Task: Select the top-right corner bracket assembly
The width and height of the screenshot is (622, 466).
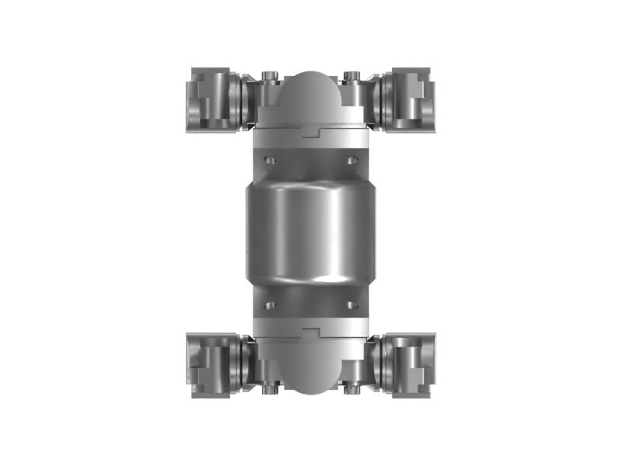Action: coord(406,99)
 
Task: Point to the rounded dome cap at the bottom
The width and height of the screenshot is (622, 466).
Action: coord(310,373)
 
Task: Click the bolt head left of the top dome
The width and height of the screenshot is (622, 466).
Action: coord(269,75)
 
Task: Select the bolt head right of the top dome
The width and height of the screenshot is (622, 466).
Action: coord(351,75)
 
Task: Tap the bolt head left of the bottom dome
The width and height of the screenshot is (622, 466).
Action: coord(269,390)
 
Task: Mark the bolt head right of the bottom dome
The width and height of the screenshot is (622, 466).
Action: coord(351,390)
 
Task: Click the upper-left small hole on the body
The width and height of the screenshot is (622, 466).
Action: coord(269,160)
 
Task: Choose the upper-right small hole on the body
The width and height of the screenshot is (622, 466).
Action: coord(351,160)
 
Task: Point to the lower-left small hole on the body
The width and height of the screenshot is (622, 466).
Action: coord(269,304)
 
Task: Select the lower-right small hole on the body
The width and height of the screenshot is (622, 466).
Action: coord(351,304)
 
